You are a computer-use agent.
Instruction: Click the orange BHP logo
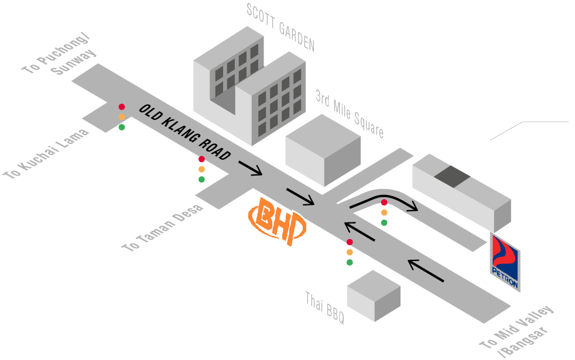point(278,222)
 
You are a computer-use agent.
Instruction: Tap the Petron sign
point(505,262)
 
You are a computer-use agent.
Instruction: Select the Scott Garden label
point(280,27)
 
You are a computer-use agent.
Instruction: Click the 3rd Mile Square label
point(350,114)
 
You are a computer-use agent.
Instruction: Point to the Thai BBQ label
point(324,308)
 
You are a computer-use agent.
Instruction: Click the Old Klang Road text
point(185,132)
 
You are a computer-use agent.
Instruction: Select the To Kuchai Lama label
point(46,154)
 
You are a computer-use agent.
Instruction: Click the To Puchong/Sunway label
point(59,59)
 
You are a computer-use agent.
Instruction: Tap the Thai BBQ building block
point(374,296)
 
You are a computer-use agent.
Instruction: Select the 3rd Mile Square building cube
point(323,149)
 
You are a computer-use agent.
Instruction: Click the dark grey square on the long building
point(451,176)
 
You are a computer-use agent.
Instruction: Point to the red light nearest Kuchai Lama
point(122,107)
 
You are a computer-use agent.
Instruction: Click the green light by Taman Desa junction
point(201,179)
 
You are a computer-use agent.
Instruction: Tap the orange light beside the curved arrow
point(384,212)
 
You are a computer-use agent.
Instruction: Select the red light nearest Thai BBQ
point(350,242)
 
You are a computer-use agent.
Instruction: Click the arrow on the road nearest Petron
point(426,270)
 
